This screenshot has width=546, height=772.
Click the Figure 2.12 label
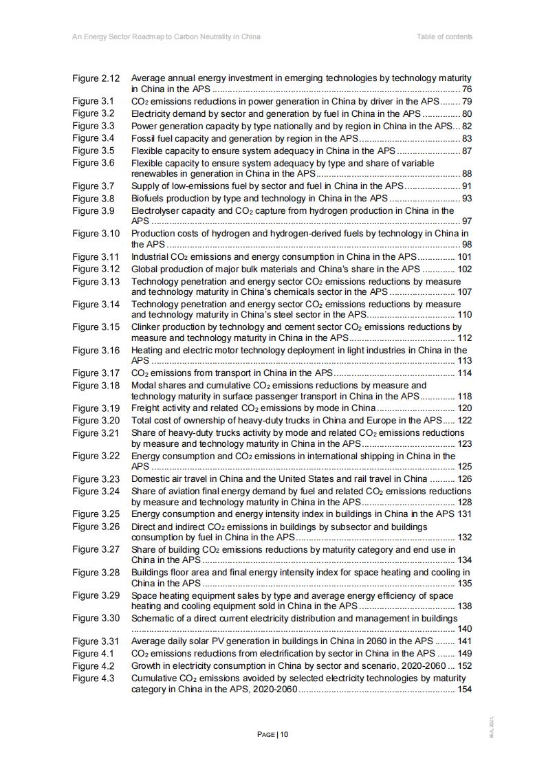click(x=96, y=78)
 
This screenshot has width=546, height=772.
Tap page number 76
click(x=466, y=89)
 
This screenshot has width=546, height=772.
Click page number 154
click(x=464, y=690)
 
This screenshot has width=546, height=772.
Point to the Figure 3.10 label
click(x=96, y=234)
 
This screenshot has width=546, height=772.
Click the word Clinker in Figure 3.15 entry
click(x=146, y=327)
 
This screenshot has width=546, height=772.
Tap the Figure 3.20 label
click(x=96, y=421)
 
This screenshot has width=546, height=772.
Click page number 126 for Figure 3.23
click(x=464, y=479)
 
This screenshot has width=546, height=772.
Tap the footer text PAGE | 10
click(x=273, y=734)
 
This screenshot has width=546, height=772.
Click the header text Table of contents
click(x=444, y=36)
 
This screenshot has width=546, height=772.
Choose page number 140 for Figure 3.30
click(x=464, y=629)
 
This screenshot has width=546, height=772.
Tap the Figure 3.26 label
click(x=96, y=527)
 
